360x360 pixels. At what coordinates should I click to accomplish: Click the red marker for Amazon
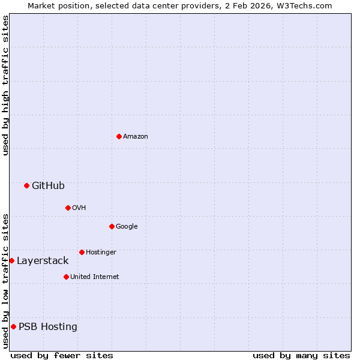119,136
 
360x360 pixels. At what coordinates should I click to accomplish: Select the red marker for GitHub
26,185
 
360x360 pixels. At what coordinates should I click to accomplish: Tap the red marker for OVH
68,208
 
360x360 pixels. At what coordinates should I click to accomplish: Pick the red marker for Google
112,226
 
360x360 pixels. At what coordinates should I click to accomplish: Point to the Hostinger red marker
82,252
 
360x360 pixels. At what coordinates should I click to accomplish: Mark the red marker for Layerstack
12,260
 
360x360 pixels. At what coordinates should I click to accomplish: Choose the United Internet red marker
66,277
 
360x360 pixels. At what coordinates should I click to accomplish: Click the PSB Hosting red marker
13,326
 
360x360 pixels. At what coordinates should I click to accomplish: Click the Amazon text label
136,137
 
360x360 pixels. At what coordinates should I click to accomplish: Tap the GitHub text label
48,186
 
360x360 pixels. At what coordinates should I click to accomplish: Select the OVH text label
79,208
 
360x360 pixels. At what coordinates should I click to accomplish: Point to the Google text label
127,227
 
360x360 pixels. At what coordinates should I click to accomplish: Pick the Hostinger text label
101,253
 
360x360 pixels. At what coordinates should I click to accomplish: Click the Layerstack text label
43,261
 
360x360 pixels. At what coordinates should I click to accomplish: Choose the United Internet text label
95,277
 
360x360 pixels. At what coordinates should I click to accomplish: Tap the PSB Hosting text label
48,327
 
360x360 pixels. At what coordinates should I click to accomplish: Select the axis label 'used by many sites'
301,355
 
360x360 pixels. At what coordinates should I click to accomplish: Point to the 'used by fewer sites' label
62,355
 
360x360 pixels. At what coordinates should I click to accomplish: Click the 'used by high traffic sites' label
5,85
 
